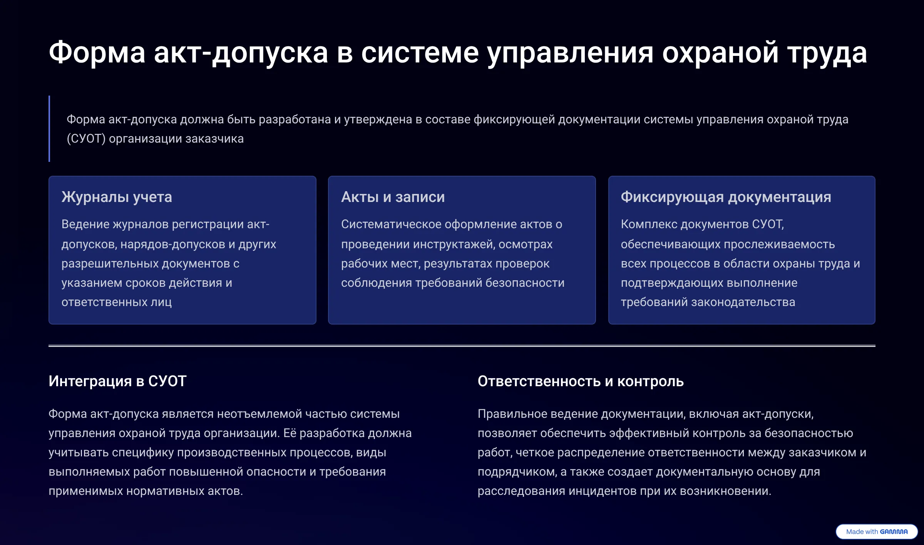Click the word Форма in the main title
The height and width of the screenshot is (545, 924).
pos(97,53)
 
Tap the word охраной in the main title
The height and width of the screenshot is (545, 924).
pos(720,53)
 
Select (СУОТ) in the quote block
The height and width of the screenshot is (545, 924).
pos(86,138)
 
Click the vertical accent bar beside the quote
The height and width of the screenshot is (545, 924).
pos(49,129)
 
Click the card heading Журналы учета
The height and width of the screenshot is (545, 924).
pos(117,197)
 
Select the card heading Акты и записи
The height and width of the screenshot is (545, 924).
pos(393,197)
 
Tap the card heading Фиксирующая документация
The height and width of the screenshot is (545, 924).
pos(726,197)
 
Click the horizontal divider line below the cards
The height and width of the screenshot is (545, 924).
pos(462,346)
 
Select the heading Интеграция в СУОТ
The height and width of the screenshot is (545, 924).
pos(117,381)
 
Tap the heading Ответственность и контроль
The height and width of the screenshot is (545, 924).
pos(581,381)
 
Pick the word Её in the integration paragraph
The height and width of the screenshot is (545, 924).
pos(290,433)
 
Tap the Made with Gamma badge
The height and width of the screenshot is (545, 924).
pos(877,532)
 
